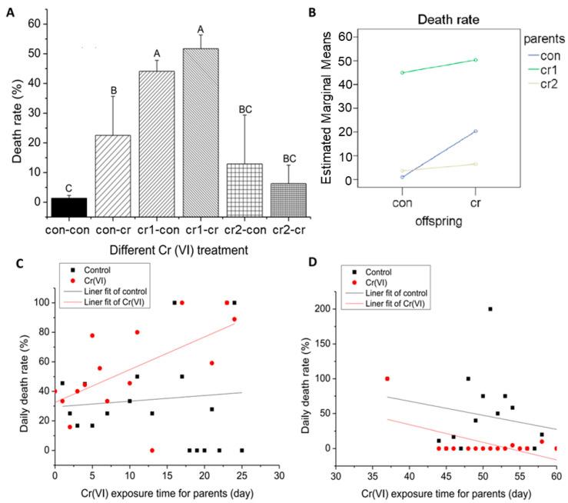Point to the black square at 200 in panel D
[x=490, y=308]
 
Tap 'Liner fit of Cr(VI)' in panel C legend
[x=116, y=304]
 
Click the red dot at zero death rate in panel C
[x=152, y=450]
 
